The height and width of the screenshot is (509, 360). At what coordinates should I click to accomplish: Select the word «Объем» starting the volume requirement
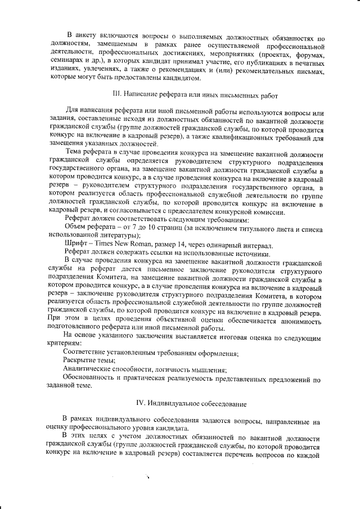(76, 227)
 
